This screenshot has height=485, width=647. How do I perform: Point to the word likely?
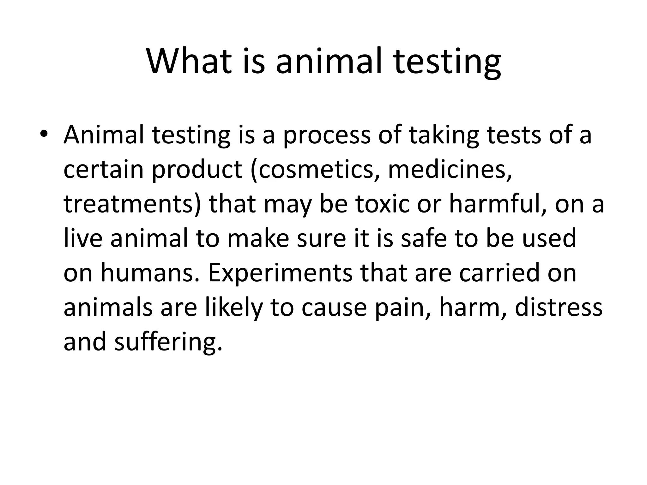coord(234,308)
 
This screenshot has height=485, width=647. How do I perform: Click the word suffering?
coord(166,342)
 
